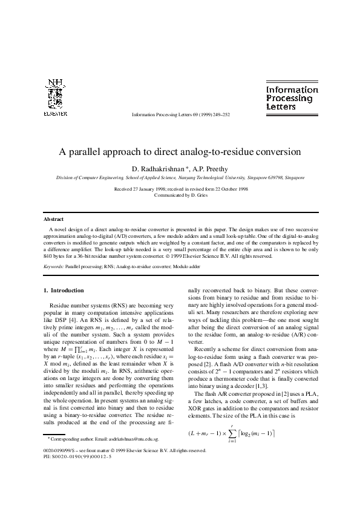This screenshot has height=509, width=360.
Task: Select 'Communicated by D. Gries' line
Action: [180, 195]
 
